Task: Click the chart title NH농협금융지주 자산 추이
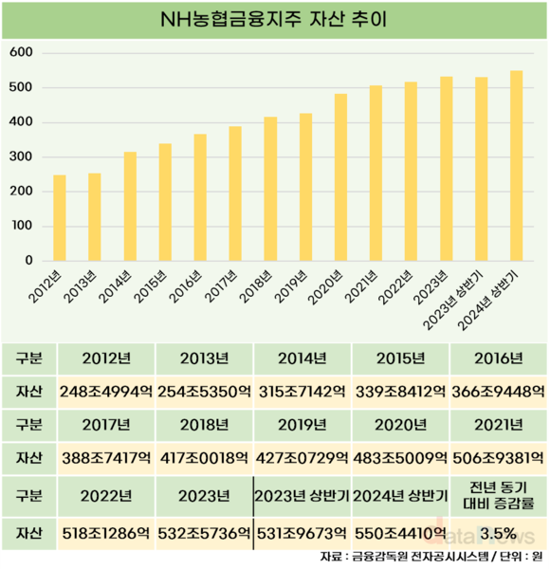click(273, 20)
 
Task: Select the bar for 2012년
click(60, 218)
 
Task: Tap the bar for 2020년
click(340, 177)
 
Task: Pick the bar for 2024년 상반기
click(516, 165)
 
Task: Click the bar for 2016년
click(200, 197)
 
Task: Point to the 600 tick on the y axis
click(21, 52)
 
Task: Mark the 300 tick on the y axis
click(21, 156)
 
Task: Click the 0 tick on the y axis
click(28, 261)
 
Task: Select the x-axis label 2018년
click(256, 286)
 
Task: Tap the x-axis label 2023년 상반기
click(453, 300)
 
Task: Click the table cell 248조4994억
click(106, 392)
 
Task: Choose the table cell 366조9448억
click(498, 392)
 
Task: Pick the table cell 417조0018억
click(204, 458)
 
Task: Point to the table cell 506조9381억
click(498, 458)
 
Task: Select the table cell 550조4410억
click(400, 533)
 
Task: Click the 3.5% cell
click(498, 533)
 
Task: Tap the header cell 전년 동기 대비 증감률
click(498, 495)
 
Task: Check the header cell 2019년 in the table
click(302, 425)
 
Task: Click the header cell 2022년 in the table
click(106, 496)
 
